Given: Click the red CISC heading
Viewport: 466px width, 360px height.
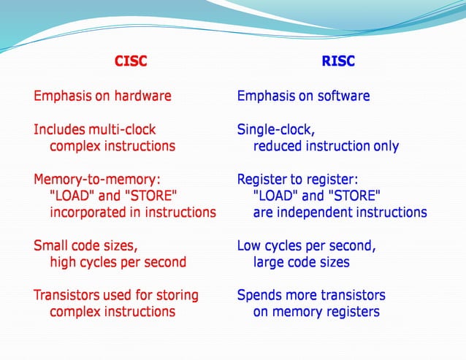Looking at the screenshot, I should tap(131, 61).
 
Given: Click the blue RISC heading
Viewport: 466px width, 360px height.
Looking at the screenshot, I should tap(338, 61).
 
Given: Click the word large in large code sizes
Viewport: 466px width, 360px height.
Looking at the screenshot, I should tap(270, 262).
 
